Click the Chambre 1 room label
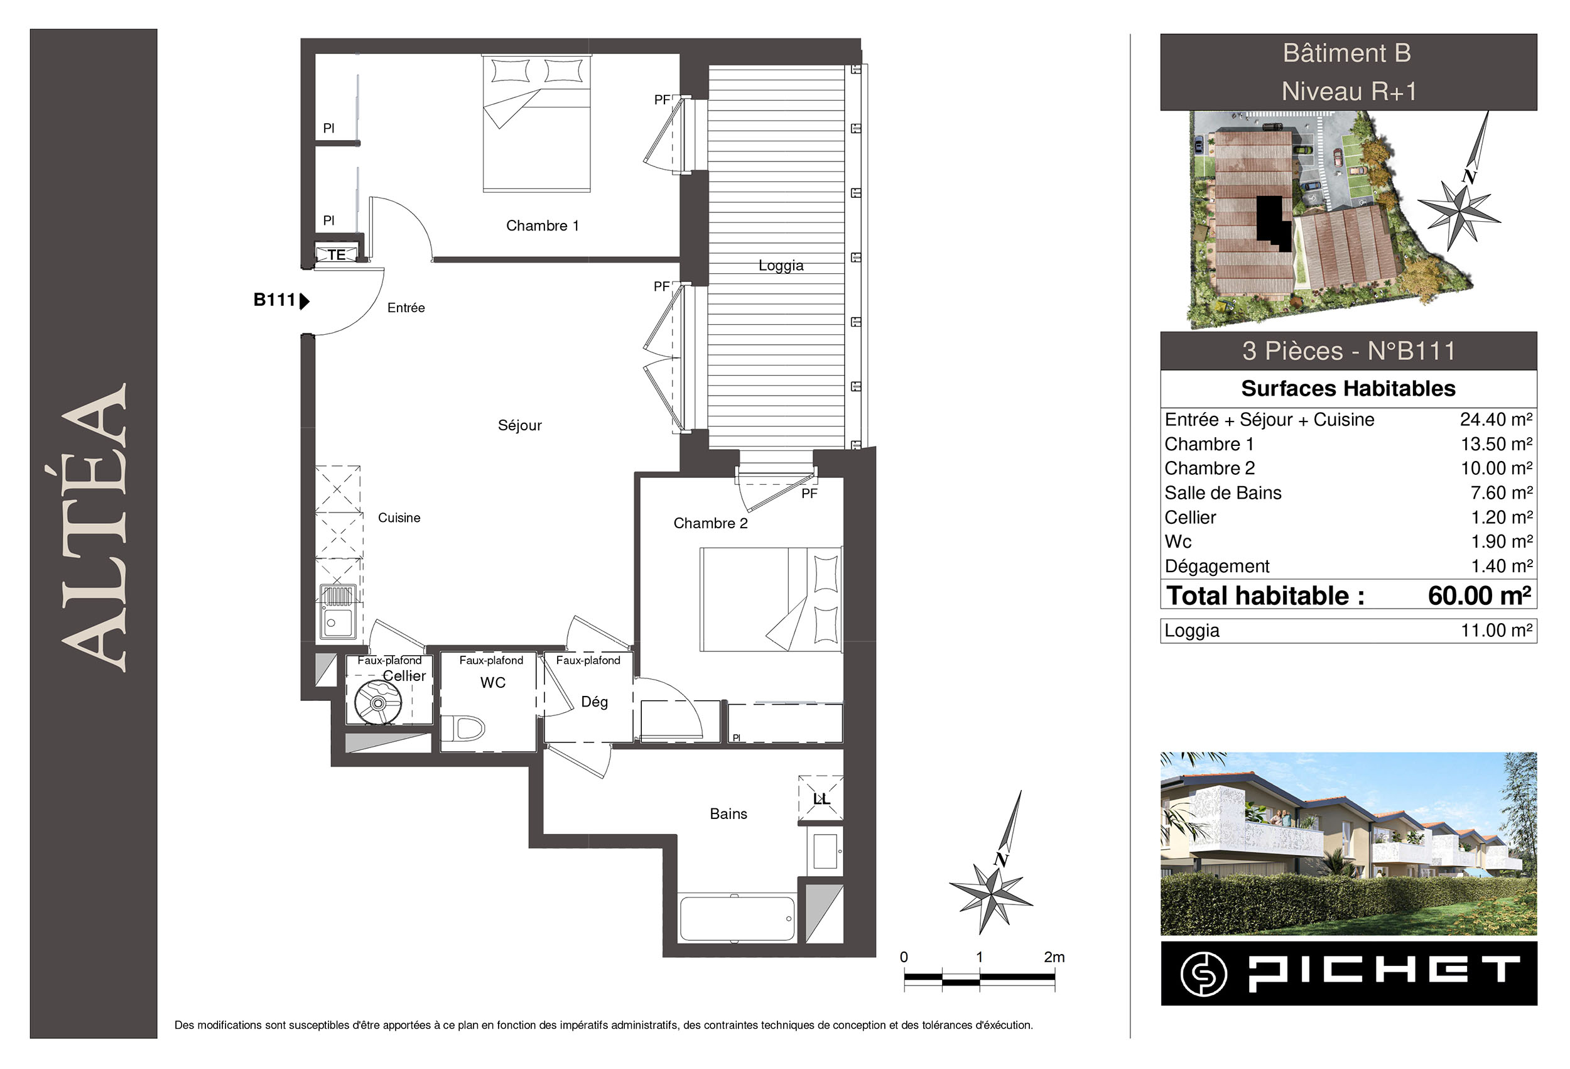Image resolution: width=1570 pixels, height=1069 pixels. tap(543, 225)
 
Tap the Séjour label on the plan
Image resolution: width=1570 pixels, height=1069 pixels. tap(519, 425)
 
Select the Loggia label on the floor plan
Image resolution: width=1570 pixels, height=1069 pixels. tap(781, 266)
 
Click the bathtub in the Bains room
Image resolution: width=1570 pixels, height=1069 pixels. tap(738, 918)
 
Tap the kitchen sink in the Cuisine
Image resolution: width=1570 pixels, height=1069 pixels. tap(338, 611)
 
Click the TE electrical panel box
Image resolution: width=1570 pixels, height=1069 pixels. tap(337, 255)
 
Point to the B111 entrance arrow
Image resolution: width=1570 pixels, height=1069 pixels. tap(305, 301)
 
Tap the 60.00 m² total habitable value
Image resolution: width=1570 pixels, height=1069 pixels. tap(1480, 595)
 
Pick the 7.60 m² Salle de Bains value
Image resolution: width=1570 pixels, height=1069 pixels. tap(1501, 492)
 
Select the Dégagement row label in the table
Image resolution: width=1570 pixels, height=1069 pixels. tap(1216, 567)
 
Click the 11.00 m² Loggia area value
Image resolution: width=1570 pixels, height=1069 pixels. tap(1497, 631)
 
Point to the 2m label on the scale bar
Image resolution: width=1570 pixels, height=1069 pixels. tap(1054, 957)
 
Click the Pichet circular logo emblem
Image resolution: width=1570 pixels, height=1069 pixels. tap(1203, 974)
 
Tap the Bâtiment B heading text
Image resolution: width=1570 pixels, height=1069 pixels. tap(1347, 53)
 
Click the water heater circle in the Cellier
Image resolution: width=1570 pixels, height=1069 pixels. tap(377, 703)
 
